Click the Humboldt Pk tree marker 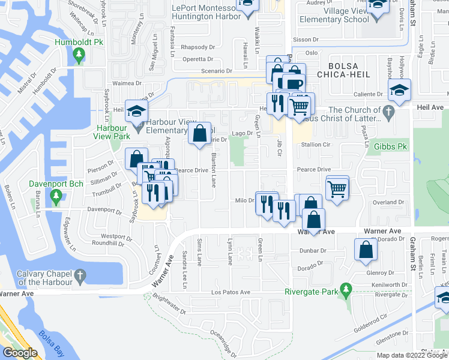(79, 56)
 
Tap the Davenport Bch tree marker (56, 196)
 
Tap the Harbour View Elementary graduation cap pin (136, 111)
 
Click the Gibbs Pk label (391, 146)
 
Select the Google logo (19, 353)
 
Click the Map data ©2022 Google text (412, 355)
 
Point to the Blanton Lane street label (213, 169)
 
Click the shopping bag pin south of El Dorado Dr (366, 250)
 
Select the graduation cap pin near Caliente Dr (399, 90)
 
